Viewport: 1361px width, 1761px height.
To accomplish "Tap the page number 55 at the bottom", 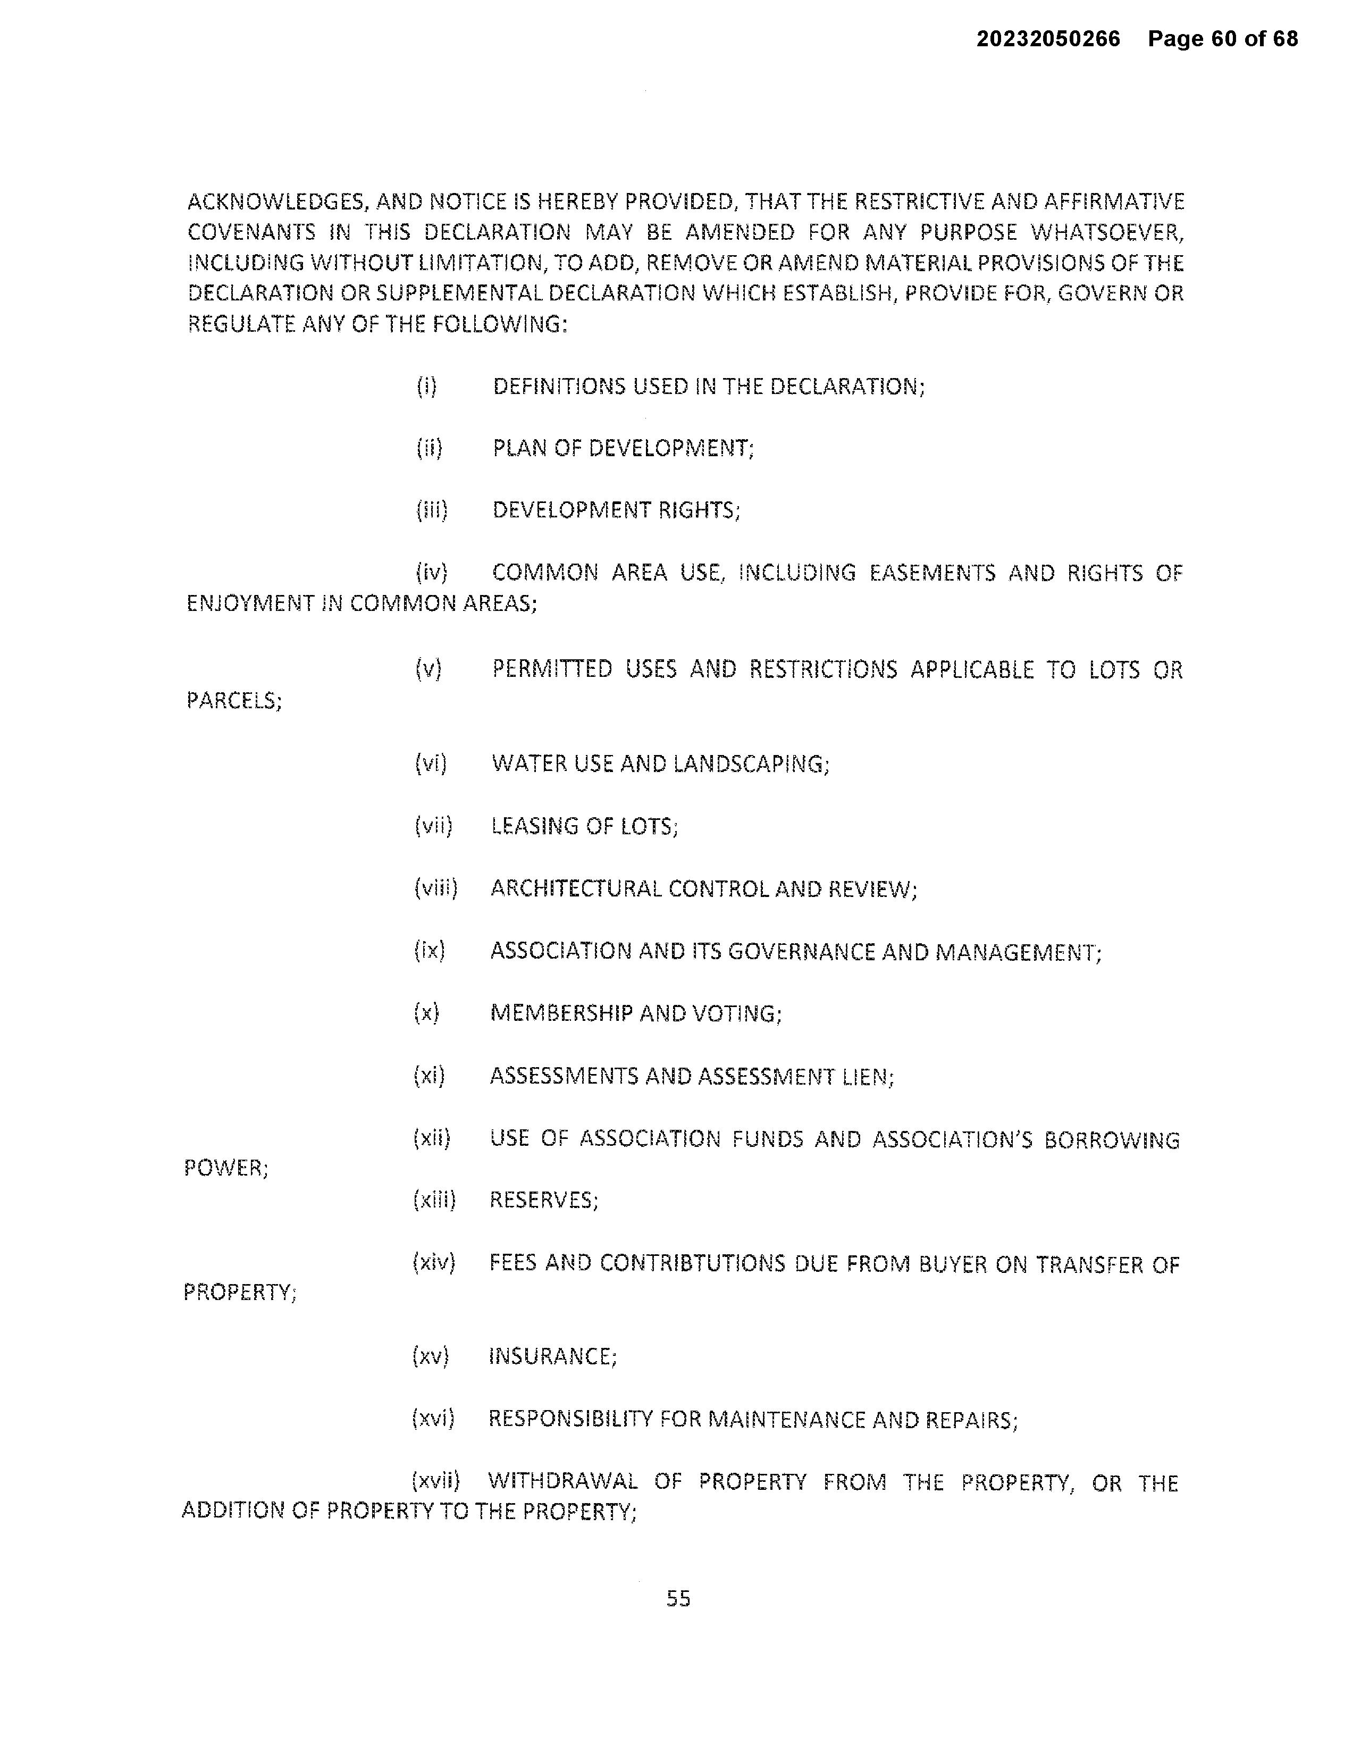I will click(x=678, y=1598).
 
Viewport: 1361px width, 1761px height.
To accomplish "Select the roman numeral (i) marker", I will click(x=426, y=386).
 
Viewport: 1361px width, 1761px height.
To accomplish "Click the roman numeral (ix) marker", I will click(x=430, y=951).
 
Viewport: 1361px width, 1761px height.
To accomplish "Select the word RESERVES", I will click(x=543, y=1200).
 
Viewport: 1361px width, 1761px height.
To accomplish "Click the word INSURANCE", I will click(x=552, y=1356).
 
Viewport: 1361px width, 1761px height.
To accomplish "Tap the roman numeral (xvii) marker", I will click(x=435, y=1481).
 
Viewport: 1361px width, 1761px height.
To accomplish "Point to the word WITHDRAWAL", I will click(x=563, y=1481).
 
